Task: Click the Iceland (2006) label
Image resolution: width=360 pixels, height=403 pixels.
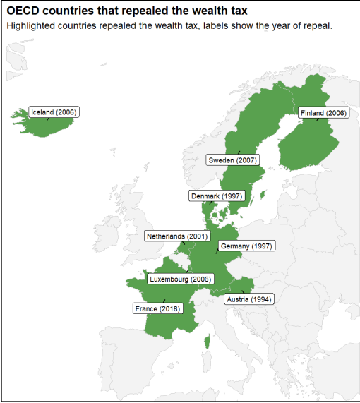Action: tap(54, 112)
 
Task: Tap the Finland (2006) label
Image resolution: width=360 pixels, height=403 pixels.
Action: tap(323, 113)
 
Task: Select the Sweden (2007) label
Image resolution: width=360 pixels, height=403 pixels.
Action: tap(232, 160)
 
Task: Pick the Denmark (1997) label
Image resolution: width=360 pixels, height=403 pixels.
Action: tap(216, 196)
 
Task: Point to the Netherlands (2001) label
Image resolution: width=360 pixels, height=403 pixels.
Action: tap(177, 236)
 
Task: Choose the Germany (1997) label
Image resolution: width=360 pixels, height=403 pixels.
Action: tap(246, 246)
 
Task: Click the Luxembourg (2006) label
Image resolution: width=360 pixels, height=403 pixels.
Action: tap(181, 279)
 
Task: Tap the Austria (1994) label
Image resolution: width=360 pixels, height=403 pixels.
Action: tap(249, 299)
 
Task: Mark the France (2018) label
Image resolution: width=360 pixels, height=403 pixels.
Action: tap(157, 308)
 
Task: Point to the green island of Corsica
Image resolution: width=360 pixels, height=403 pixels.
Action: tap(207, 343)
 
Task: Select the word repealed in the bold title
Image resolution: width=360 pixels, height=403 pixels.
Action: tap(139, 11)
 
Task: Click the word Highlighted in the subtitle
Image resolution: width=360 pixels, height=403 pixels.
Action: tap(30, 25)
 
